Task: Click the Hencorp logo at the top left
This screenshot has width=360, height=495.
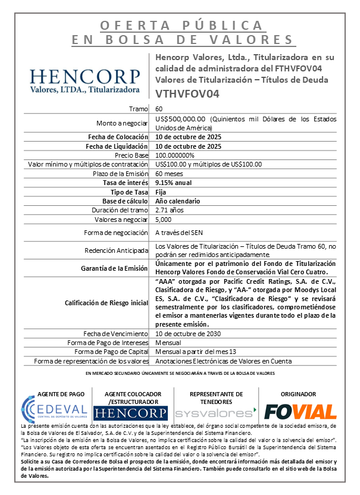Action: point(85,82)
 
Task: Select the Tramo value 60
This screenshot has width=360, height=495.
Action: point(159,109)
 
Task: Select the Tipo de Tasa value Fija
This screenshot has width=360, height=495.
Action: point(161,192)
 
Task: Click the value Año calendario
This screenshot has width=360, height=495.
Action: point(177,201)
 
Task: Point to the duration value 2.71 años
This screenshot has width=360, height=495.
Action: point(170,210)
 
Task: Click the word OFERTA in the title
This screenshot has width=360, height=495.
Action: point(127,26)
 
